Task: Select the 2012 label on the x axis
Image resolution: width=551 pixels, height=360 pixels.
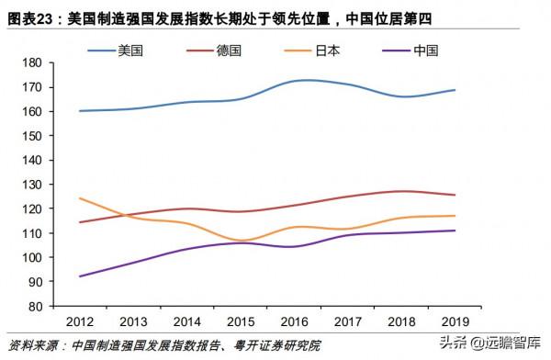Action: pyautogui.click(x=79, y=321)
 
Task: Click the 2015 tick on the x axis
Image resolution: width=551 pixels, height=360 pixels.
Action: pyautogui.click(x=241, y=321)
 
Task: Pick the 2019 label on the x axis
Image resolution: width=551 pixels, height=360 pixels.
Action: pyautogui.click(x=456, y=321)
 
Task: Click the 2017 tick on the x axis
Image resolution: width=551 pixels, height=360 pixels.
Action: pyautogui.click(x=349, y=321)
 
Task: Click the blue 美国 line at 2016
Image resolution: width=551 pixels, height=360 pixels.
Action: pyautogui.click(x=295, y=81)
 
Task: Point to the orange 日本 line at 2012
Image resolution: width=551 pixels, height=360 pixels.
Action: pyautogui.click(x=79, y=198)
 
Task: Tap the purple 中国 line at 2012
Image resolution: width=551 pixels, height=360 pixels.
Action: pyautogui.click(x=79, y=276)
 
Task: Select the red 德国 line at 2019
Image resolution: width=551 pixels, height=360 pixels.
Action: pyautogui.click(x=456, y=195)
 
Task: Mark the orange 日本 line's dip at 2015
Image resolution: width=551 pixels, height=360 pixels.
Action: pyautogui.click(x=241, y=240)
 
